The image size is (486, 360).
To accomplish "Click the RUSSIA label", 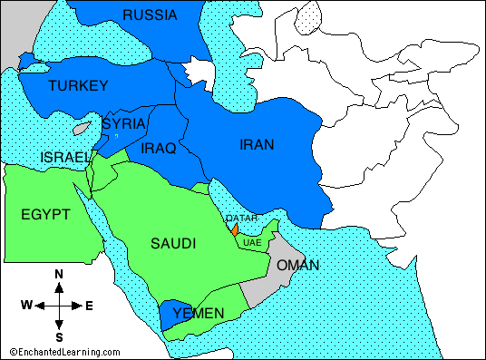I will [151, 15].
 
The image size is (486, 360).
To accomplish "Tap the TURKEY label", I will [78, 86].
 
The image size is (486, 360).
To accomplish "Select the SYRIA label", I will [121, 123].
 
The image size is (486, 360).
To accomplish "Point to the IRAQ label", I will [159, 147].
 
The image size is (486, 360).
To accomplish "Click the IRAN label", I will [257, 144].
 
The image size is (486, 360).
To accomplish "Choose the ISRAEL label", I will [64, 158].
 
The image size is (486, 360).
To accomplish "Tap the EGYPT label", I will [45, 214].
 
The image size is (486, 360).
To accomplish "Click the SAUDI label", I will [173, 243].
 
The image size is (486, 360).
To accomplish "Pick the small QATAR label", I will [241, 219].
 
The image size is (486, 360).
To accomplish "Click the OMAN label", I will [298, 265].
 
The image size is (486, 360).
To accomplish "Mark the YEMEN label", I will [198, 313].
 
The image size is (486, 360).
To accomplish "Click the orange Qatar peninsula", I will [234, 230].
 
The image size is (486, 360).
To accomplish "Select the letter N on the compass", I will [59, 274].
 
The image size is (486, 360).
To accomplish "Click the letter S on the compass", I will [59, 336].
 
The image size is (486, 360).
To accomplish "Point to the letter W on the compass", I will [27, 306].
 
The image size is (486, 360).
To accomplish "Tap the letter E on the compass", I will [89, 306].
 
